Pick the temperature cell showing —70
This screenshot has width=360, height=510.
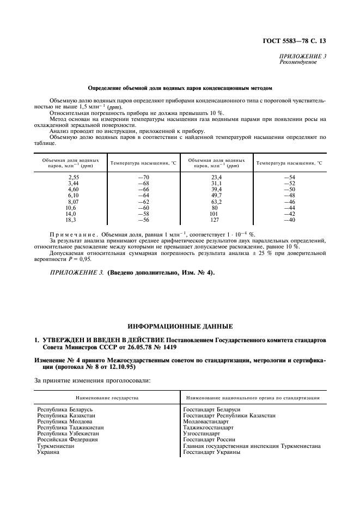[143, 178]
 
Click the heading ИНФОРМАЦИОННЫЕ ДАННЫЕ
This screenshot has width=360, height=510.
[179, 326]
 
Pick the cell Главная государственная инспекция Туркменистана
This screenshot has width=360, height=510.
[252, 445]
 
